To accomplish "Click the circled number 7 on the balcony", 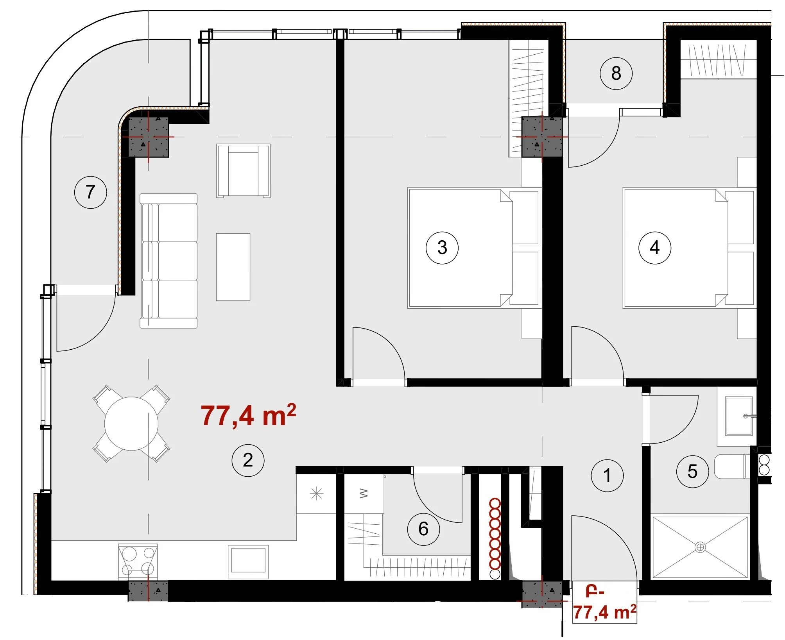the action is tap(91, 192).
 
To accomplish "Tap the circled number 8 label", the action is tap(616, 73).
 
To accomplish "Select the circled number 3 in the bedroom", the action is tap(442, 247).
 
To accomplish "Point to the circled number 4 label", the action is tap(655, 247).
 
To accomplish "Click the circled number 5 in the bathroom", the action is tap(692, 471).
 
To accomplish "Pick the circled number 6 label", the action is tap(423, 529).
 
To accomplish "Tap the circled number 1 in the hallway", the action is tap(607, 475).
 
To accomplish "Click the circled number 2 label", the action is tap(248, 460).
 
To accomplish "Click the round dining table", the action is tap(131, 424).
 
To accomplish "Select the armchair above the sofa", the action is tap(243, 171).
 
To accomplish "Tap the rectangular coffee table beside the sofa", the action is tap(233, 267).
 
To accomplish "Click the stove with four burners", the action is tap(138, 561).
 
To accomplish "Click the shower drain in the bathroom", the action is tap(700, 547).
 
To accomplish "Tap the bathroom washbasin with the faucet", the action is tap(738, 416).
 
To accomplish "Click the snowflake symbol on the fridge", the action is tap(316, 494).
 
